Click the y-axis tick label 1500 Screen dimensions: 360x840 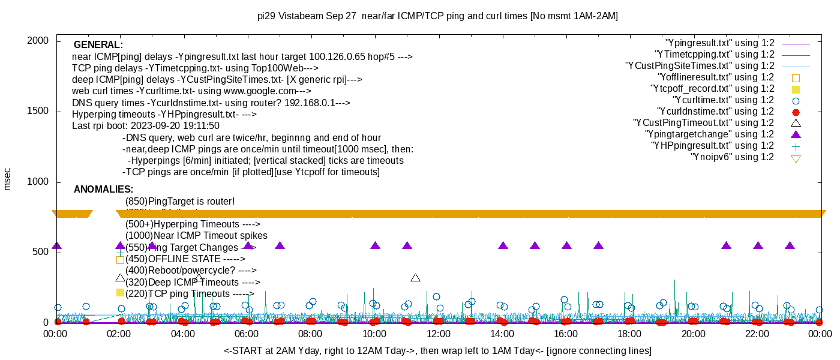[x=38, y=112]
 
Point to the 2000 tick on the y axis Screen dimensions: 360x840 [x=38, y=41]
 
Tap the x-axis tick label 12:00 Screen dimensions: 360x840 [x=439, y=334]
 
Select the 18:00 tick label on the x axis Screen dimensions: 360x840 [x=629, y=334]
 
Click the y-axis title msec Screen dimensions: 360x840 [x=8, y=179]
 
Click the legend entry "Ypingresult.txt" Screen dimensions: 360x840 [x=720, y=43]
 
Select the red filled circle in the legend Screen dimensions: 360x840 [x=796, y=112]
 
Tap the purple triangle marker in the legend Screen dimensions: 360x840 [x=796, y=134]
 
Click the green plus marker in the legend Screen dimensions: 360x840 [x=796, y=146]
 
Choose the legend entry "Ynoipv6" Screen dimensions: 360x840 [x=732, y=157]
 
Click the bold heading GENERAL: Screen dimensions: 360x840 [x=98, y=45]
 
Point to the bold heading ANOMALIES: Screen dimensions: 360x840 [x=103, y=190]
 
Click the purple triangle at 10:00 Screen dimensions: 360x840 [x=376, y=245]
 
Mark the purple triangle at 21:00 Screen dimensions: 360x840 [x=727, y=245]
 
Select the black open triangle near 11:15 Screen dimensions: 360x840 [x=415, y=278]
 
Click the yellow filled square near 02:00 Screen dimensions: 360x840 [x=120, y=293]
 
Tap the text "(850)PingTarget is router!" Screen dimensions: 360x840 [x=180, y=202]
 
